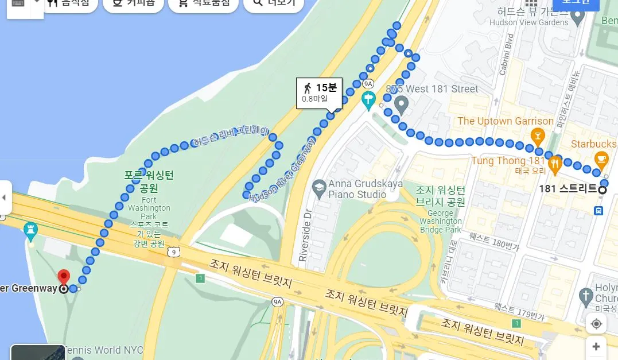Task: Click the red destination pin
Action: (64, 276)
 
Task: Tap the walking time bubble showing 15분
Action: (319, 92)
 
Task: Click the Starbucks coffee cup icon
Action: (600, 158)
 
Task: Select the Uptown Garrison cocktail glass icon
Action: (538, 136)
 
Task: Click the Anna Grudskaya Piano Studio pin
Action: (319, 187)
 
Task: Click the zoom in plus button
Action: (596, 346)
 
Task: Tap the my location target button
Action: (596, 324)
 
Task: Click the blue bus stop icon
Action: (598, 211)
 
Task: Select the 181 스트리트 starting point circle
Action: (603, 190)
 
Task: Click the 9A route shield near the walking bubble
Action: (368, 83)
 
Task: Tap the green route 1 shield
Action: (200, 278)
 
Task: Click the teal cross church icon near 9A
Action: (368, 100)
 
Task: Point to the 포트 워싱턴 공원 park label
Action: (149, 181)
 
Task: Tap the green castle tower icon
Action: (30, 231)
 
